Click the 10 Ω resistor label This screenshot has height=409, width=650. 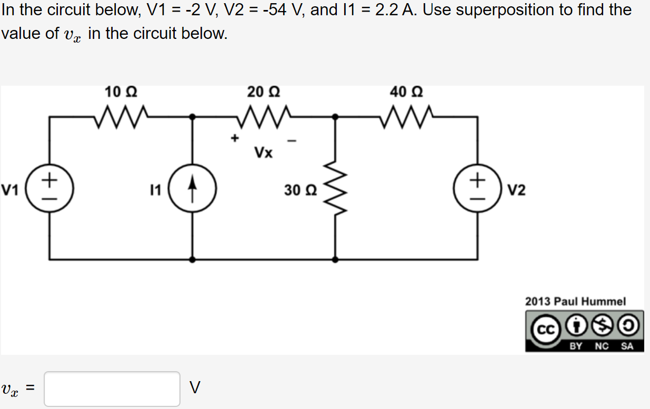121,92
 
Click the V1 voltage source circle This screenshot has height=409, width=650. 50,188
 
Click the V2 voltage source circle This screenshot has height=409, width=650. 478,188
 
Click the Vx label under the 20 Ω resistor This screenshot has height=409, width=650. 264,153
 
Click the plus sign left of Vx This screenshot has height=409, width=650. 235,138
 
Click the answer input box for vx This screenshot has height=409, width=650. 112,389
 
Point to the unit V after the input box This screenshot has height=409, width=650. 195,388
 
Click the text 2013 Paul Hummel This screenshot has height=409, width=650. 575,302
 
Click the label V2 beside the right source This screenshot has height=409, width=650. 517,190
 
